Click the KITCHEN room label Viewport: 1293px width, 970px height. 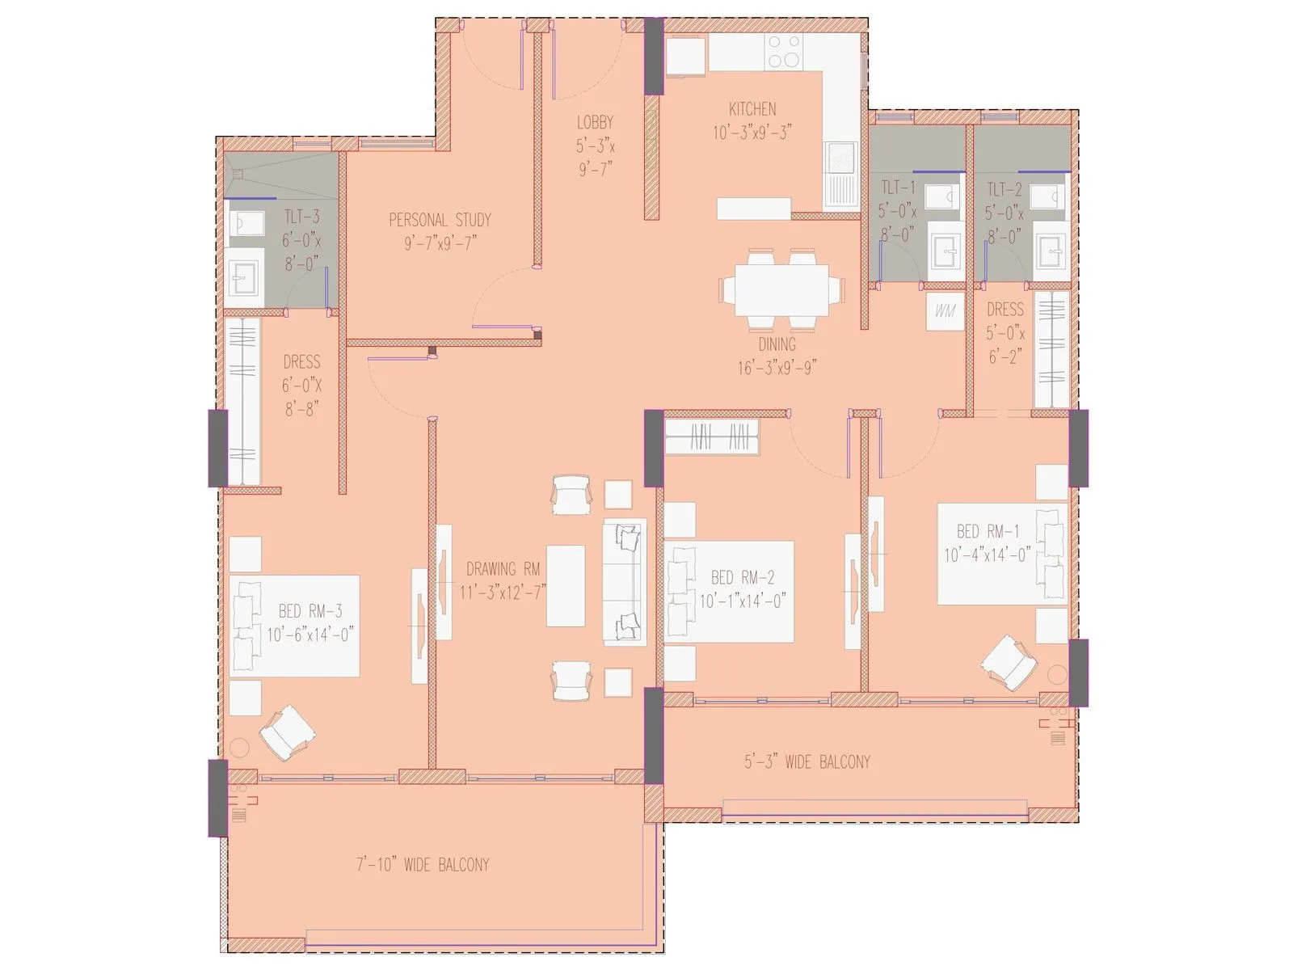pos(752,109)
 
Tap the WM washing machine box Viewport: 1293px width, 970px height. pos(945,310)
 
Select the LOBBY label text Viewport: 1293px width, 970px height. pos(595,123)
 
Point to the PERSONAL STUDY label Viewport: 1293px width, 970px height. pos(440,220)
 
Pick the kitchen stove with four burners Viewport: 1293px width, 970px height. pos(783,51)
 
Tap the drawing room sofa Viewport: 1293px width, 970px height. pos(625,581)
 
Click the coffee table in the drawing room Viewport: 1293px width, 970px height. pos(566,586)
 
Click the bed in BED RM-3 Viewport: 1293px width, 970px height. pos(294,626)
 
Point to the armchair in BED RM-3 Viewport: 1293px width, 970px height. pos(286,732)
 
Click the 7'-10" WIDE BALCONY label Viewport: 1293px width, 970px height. pos(423,865)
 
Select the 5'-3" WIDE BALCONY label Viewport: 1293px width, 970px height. pos(807,761)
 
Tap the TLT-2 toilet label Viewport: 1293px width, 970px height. pos(1004,190)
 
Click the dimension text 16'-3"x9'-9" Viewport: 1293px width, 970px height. pos(777,368)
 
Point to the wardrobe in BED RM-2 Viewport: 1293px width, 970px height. pos(712,439)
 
